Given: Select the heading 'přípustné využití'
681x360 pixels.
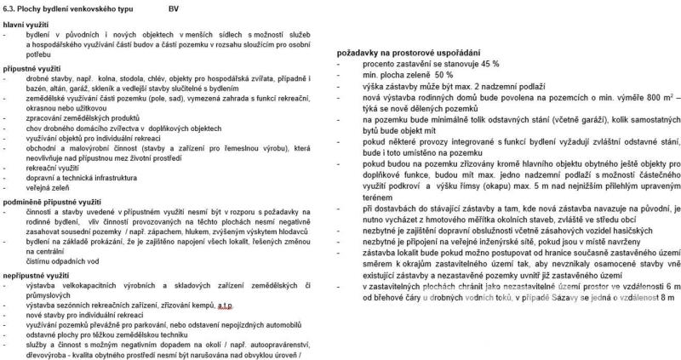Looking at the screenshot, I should pyautogui.click(x=32, y=65).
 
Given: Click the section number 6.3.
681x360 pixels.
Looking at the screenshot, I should pyautogui.click(x=11, y=9).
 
